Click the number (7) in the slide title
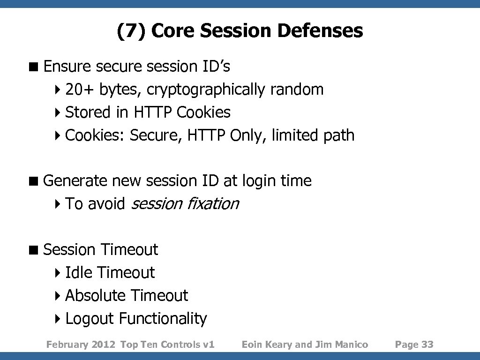point(131,31)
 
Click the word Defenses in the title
point(320,31)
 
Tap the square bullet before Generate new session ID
point(35,181)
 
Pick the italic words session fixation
point(185,204)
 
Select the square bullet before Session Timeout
point(35,250)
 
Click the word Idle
point(79,272)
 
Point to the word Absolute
point(96,295)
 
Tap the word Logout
point(90,319)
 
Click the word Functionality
point(163,319)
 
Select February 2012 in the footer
point(81,345)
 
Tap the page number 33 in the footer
point(427,345)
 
